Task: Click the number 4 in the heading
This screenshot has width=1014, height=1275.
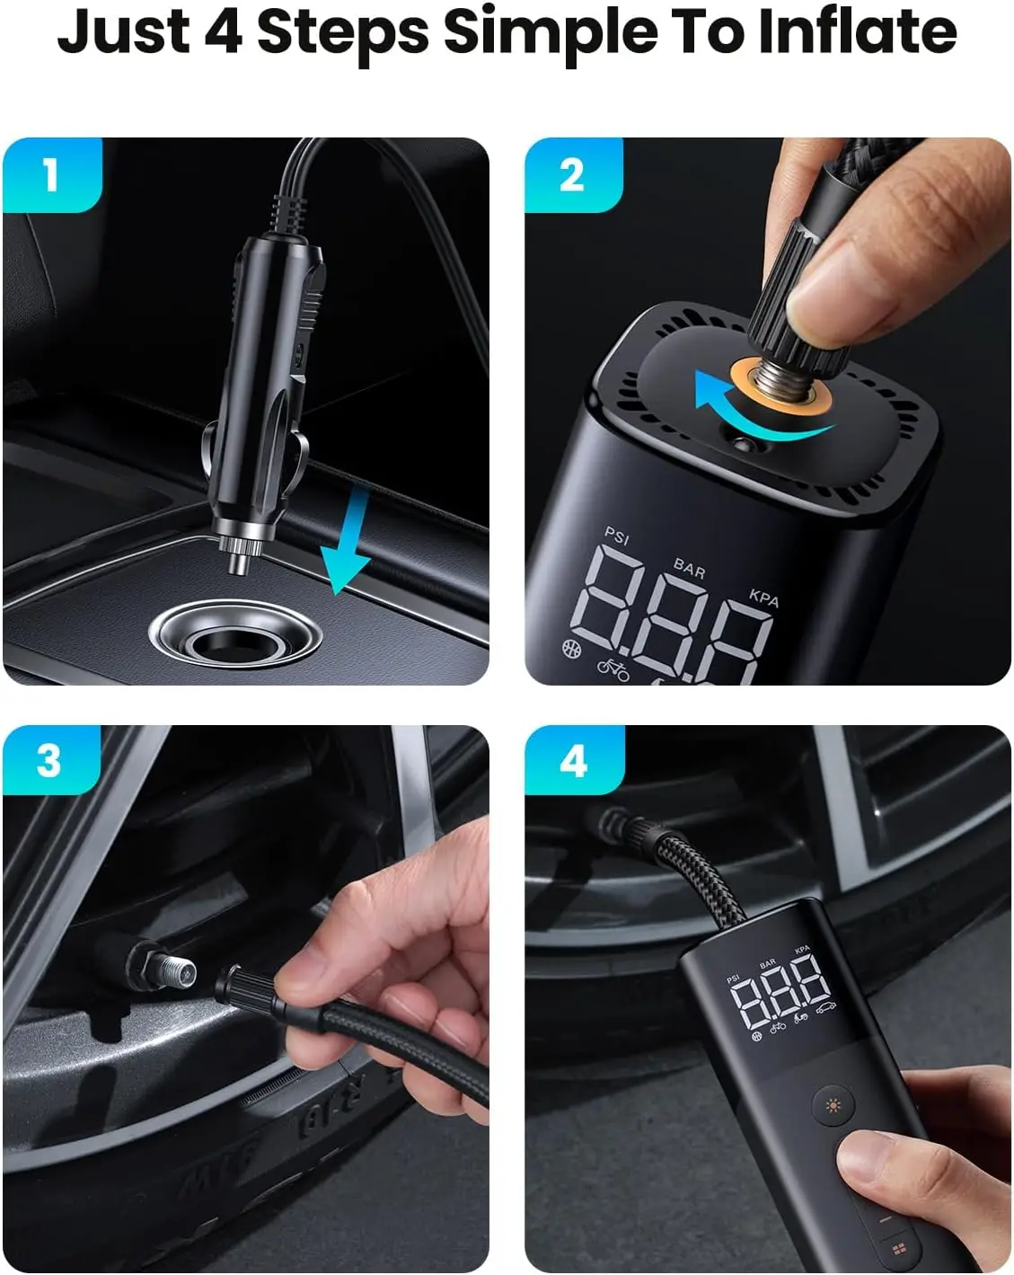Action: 223,31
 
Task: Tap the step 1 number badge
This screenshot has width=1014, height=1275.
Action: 51,174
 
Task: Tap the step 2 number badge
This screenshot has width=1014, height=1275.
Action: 572,174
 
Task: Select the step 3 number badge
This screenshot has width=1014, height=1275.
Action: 50,761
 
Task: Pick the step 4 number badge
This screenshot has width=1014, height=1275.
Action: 573,761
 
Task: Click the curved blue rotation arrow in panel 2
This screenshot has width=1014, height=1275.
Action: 745,413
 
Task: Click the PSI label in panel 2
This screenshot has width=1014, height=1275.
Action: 617,536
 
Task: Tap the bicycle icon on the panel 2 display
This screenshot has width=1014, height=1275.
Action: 613,668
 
